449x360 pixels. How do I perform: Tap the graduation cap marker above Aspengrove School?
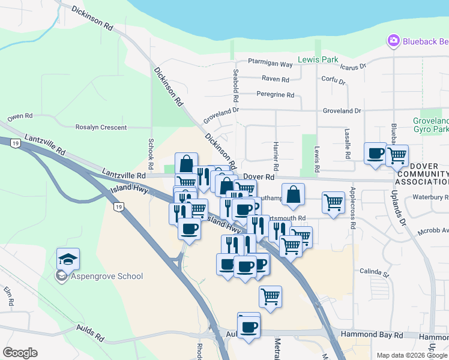click(x=68, y=260)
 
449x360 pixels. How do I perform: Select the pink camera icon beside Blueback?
click(x=394, y=41)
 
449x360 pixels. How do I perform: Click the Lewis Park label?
click(x=318, y=59)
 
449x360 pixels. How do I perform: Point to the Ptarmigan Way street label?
click(x=271, y=64)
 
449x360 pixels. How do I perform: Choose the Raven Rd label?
click(x=276, y=79)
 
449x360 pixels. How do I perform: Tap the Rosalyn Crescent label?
click(x=101, y=127)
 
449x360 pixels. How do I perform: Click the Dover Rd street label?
click(x=261, y=177)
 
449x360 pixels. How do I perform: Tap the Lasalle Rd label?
click(x=348, y=143)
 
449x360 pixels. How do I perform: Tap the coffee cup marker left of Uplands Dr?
click(x=376, y=154)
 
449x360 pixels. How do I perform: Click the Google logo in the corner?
click(x=20, y=353)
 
